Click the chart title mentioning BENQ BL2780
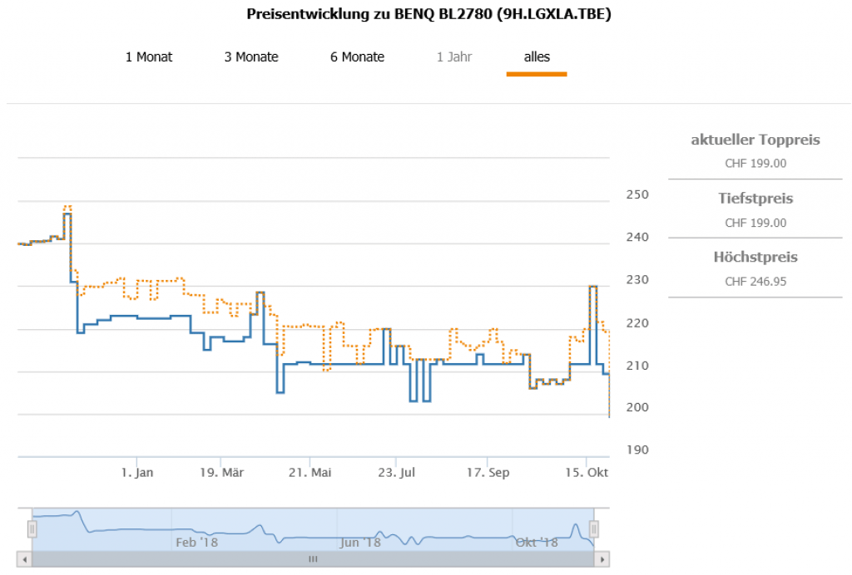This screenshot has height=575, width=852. (x=428, y=15)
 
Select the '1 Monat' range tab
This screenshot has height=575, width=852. (x=149, y=57)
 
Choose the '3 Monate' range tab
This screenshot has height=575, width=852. (x=251, y=57)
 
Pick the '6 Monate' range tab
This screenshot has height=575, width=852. (x=357, y=57)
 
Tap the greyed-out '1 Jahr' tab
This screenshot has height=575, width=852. (x=454, y=57)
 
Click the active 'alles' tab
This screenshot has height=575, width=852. (x=537, y=57)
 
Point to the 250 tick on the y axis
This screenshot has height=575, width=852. (x=636, y=194)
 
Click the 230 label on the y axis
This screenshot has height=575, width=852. (x=636, y=280)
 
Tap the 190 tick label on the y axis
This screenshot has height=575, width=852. (x=636, y=450)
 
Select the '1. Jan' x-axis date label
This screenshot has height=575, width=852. (x=137, y=473)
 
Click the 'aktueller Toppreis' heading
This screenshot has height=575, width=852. (x=755, y=140)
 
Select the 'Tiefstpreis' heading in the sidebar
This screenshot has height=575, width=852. (x=755, y=199)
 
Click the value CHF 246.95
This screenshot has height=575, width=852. (x=755, y=282)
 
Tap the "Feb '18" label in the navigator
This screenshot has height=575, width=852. (x=197, y=543)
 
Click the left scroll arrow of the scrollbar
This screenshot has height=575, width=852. (x=24, y=559)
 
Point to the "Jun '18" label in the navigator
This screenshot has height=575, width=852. (x=360, y=543)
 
